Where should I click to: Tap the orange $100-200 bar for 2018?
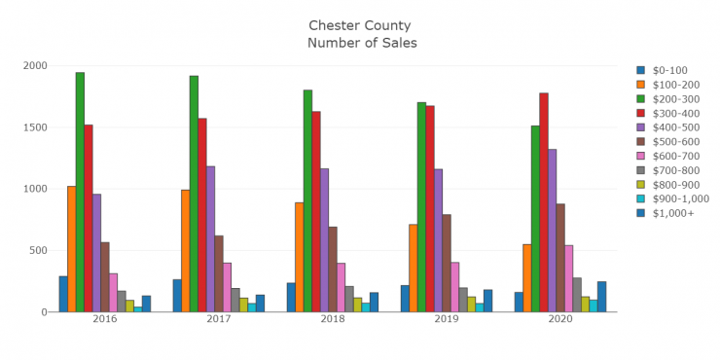tap(300, 257)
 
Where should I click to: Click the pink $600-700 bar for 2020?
tap(568, 278)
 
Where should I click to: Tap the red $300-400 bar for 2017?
tap(202, 215)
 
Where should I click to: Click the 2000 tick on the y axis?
tap(35, 66)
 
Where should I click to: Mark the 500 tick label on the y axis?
tap(39, 251)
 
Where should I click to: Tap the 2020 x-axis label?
tap(560, 318)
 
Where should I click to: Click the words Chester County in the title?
tap(360, 25)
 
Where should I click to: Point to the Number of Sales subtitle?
tap(361, 43)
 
